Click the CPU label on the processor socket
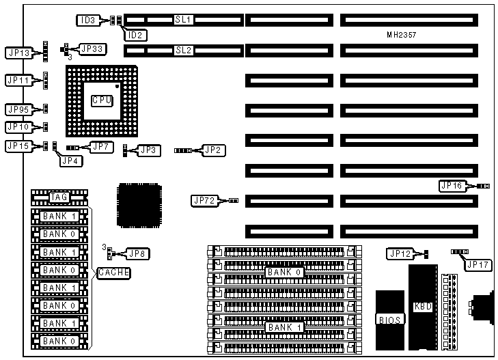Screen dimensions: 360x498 101,100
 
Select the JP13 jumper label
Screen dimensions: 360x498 17,52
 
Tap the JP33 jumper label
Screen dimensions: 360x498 92,49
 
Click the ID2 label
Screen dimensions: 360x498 135,34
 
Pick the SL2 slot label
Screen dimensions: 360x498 184,50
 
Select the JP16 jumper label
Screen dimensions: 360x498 452,185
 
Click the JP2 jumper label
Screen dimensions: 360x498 213,149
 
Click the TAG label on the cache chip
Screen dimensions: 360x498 59,197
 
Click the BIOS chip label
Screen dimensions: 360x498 390,319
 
